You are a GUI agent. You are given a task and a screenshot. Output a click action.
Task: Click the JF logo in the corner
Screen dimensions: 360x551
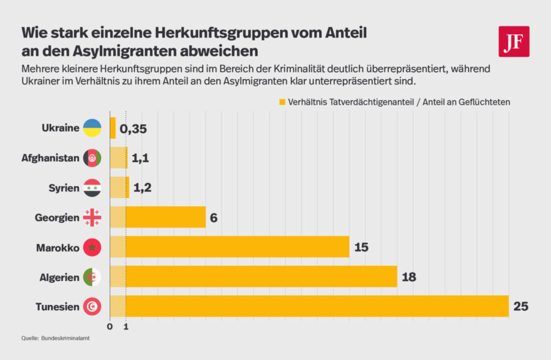514,42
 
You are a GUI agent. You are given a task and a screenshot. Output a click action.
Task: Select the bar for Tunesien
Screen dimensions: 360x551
309,306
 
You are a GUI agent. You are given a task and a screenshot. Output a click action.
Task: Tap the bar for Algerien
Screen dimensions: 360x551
253,277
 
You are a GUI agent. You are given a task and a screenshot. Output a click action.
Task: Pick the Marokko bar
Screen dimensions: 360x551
230,247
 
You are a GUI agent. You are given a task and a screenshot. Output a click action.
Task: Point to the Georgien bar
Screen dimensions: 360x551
158,217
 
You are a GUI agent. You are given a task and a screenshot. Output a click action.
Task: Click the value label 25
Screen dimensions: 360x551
521,306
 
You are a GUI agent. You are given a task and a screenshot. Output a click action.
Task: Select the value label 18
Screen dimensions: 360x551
409,277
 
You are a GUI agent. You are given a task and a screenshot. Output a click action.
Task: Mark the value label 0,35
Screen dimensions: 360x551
133,129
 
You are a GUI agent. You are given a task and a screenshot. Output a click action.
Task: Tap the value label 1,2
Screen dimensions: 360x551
141,188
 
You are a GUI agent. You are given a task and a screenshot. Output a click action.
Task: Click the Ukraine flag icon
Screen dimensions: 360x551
92,128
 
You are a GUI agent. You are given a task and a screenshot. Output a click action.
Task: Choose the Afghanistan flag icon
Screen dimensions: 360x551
92,158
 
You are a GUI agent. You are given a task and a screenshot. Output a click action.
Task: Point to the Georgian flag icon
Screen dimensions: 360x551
92,217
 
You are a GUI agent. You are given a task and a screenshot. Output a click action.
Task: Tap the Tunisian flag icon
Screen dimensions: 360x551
92,306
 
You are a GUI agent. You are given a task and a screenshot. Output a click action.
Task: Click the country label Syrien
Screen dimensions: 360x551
64,188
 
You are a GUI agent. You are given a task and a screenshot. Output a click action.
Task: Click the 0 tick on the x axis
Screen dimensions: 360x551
110,326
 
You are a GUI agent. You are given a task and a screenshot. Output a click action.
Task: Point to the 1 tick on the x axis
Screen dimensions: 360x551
126,326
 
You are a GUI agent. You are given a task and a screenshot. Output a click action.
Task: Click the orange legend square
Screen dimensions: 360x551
282,101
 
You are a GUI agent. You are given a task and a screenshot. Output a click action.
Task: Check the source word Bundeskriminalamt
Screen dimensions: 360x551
65,338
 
